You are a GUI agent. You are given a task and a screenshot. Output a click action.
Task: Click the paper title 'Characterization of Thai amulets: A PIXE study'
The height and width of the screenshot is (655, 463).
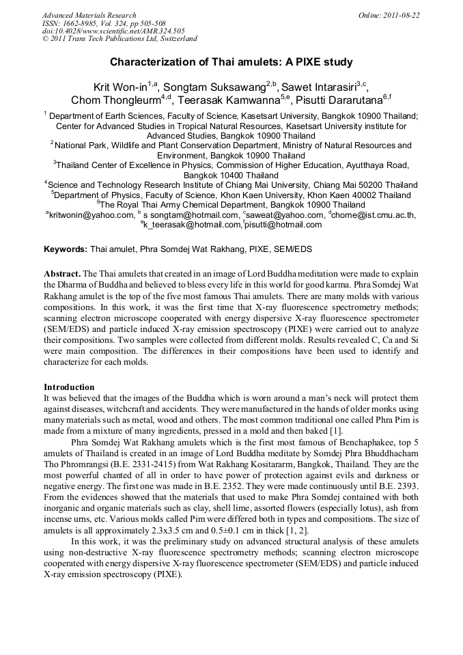point(231,63)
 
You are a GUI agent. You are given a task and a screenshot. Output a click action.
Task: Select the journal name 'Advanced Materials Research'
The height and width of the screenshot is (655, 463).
point(89,15)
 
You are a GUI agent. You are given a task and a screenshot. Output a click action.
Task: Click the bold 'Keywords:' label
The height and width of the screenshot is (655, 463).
point(66,249)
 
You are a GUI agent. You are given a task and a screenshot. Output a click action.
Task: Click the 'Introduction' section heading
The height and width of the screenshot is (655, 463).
point(69,387)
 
